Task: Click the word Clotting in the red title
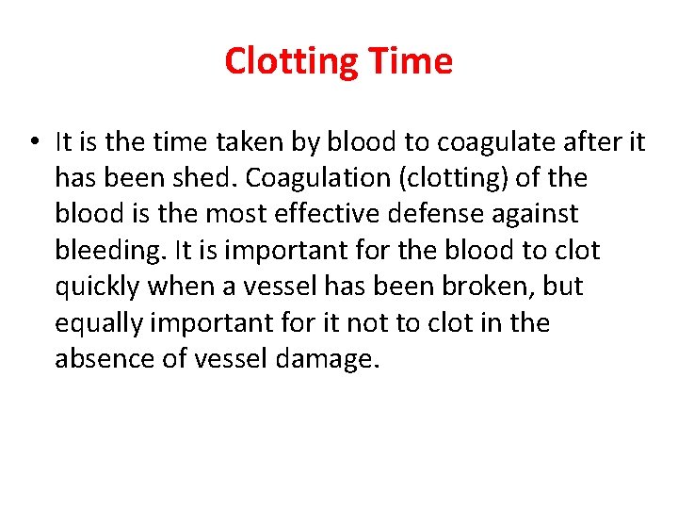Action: point(291,62)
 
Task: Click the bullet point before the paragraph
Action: point(33,142)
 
